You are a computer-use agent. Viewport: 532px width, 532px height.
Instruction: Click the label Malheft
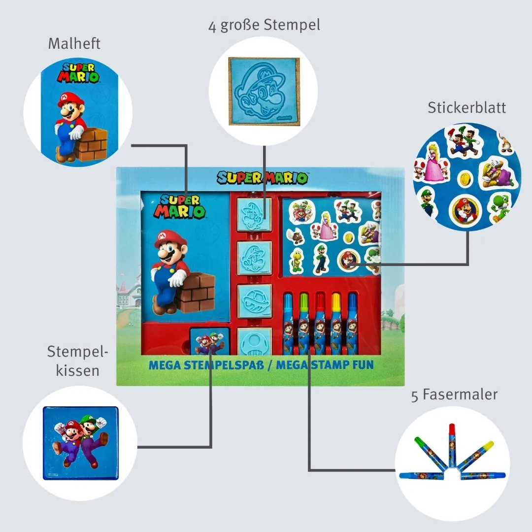coord(74,43)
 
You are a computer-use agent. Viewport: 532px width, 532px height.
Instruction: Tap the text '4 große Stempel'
coord(264,25)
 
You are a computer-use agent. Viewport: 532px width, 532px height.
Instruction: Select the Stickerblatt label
coord(466,107)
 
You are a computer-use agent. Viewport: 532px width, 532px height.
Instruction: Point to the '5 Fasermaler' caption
coord(454,395)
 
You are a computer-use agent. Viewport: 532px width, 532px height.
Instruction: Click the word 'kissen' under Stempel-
coord(77,370)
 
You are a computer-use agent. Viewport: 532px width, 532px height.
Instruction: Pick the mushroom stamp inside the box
coord(254,341)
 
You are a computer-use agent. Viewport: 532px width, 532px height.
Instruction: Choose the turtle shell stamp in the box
coord(254,297)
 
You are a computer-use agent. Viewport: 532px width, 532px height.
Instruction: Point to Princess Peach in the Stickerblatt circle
coord(434,163)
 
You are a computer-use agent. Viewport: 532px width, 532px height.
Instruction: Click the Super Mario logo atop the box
coord(263,177)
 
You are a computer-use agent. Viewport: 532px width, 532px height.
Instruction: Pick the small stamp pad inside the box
coord(209,341)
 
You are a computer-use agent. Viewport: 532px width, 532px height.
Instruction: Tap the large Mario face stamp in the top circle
coord(264,91)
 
